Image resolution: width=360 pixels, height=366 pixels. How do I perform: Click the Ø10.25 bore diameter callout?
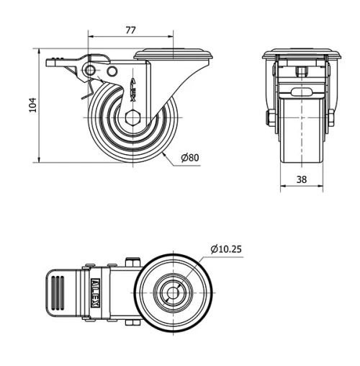[x=225, y=249]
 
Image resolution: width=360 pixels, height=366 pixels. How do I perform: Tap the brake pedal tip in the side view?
[x=53, y=63]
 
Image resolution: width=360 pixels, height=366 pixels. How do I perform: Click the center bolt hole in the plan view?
[x=174, y=293]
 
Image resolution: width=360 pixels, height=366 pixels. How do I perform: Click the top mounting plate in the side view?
[x=173, y=53]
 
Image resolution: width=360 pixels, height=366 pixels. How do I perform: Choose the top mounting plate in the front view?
[x=302, y=55]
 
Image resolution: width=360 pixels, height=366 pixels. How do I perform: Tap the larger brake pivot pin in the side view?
[x=91, y=70]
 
